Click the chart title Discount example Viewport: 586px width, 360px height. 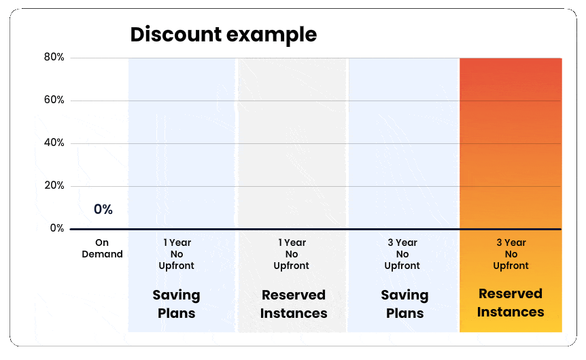224,35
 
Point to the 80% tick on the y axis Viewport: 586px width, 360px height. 54,57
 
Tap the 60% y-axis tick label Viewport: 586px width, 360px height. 54,100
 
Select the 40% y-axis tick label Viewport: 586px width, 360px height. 54,143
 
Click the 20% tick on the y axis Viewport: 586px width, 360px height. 54,185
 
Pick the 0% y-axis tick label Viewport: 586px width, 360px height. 57,228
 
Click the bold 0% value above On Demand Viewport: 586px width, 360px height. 103,209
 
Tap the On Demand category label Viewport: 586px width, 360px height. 102,249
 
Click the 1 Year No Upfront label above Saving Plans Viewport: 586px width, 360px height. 176,254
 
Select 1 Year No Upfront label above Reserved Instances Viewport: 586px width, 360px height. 292,254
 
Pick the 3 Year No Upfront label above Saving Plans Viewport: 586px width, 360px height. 402,254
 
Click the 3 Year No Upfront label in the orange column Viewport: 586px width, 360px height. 511,254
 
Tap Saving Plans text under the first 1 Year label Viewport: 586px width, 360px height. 176,304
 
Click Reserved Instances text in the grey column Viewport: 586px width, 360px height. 294,304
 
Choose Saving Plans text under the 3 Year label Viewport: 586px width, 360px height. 404,304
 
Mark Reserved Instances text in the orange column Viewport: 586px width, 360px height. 511,302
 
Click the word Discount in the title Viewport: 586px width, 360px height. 176,34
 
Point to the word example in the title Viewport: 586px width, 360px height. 272,35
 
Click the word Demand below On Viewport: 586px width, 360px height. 102,254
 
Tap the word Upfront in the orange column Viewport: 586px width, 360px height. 511,266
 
